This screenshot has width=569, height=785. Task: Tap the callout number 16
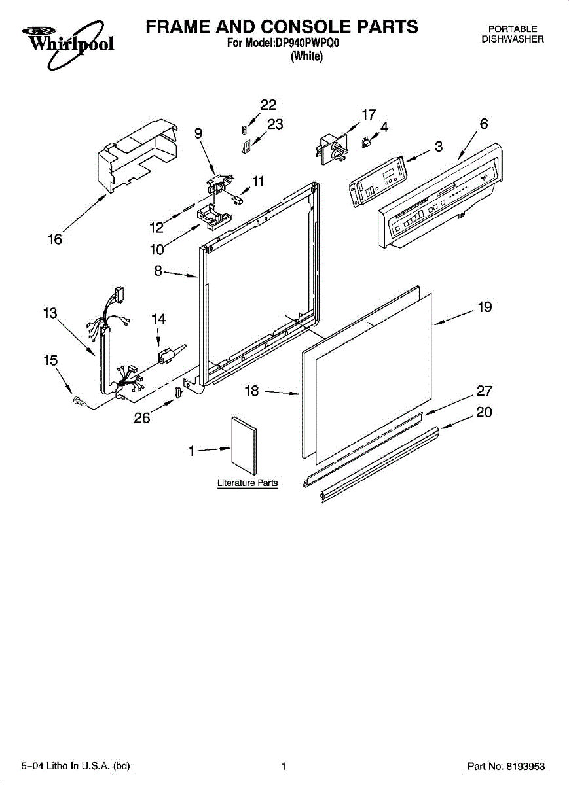tap(55, 239)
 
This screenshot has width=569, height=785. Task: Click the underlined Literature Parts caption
tap(248, 483)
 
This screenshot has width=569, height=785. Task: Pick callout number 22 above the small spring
tap(268, 105)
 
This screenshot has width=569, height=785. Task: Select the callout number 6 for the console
tap(483, 124)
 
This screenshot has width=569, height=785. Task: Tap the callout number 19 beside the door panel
tap(485, 307)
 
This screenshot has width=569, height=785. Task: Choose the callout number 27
tap(484, 391)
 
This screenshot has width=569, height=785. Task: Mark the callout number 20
tap(484, 412)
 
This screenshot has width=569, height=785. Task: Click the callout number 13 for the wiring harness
tap(50, 313)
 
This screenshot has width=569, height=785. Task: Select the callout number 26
tap(142, 418)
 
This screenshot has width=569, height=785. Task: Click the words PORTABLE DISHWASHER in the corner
tap(513, 34)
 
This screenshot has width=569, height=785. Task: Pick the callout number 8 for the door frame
tap(158, 270)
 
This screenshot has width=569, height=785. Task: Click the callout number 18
tap(252, 391)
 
